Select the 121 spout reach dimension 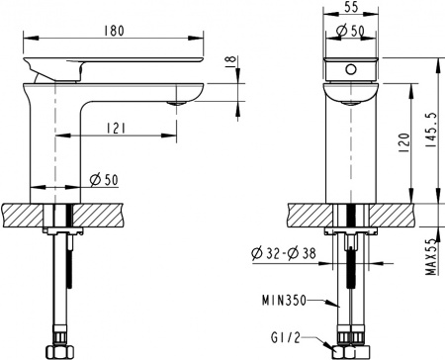[117, 127]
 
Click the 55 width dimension [351, 8]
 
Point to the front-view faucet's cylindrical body [352, 148]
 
